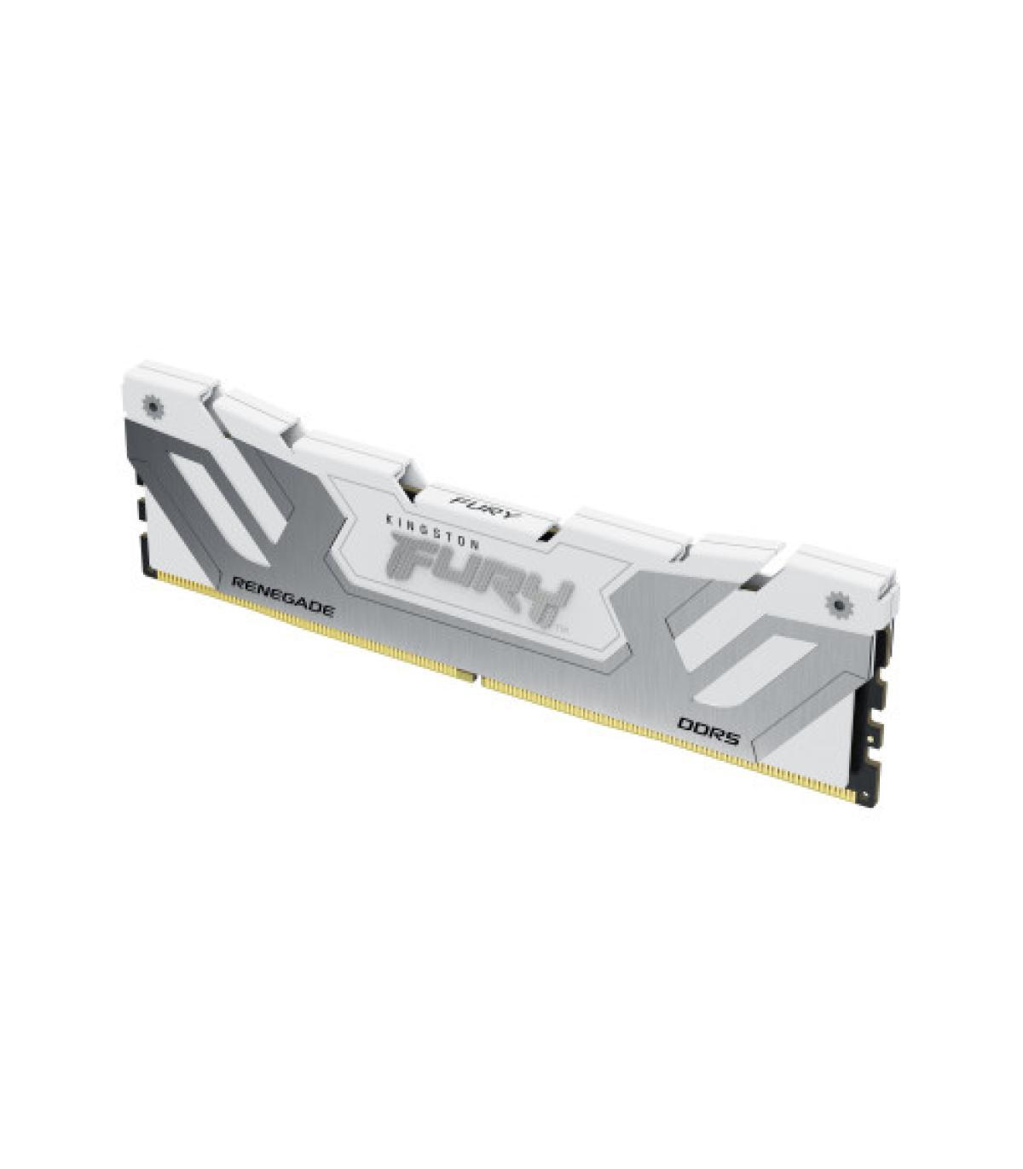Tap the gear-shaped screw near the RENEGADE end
(x=153, y=406)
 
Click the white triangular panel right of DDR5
(x=810, y=733)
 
